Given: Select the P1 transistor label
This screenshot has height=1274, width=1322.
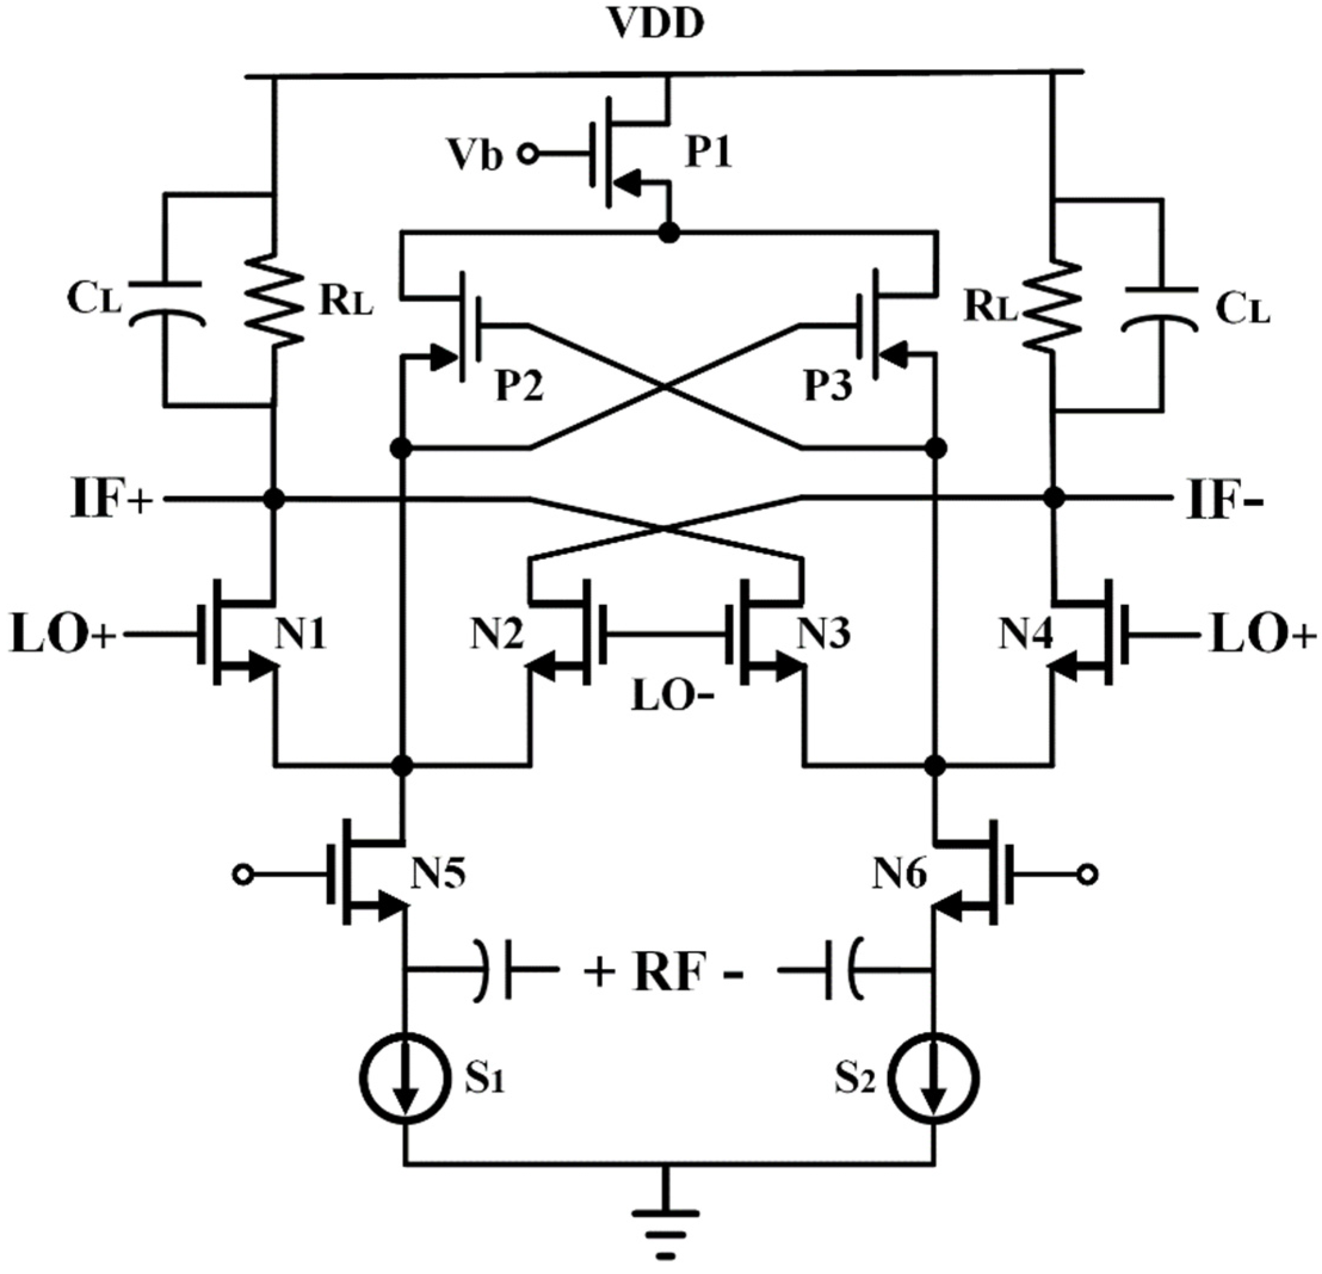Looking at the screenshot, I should [x=708, y=154].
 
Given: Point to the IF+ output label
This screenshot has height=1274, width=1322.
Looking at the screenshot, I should [x=112, y=499].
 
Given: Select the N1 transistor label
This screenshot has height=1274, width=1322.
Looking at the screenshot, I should [x=300, y=634].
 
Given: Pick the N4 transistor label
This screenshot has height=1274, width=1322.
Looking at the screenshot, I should [x=1025, y=634].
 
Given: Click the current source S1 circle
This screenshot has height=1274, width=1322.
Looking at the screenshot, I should [x=405, y=1080].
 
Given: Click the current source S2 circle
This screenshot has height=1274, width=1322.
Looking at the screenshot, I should [x=934, y=1080].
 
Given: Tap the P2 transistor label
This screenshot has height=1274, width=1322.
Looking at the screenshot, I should [x=519, y=387].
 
